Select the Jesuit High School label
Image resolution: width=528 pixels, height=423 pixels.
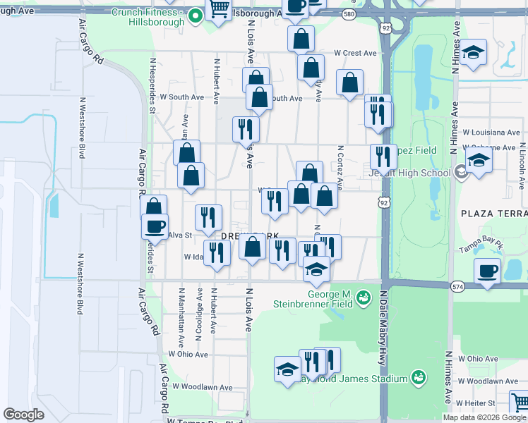click(409, 173)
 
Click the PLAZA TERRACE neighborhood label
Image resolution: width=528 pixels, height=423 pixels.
click(493, 213)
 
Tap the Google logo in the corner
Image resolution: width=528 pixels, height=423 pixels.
click(24, 415)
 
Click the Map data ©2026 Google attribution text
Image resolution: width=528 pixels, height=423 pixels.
click(484, 417)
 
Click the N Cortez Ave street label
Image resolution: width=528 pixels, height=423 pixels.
click(340, 167)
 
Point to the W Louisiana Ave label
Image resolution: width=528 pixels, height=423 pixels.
click(491, 132)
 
